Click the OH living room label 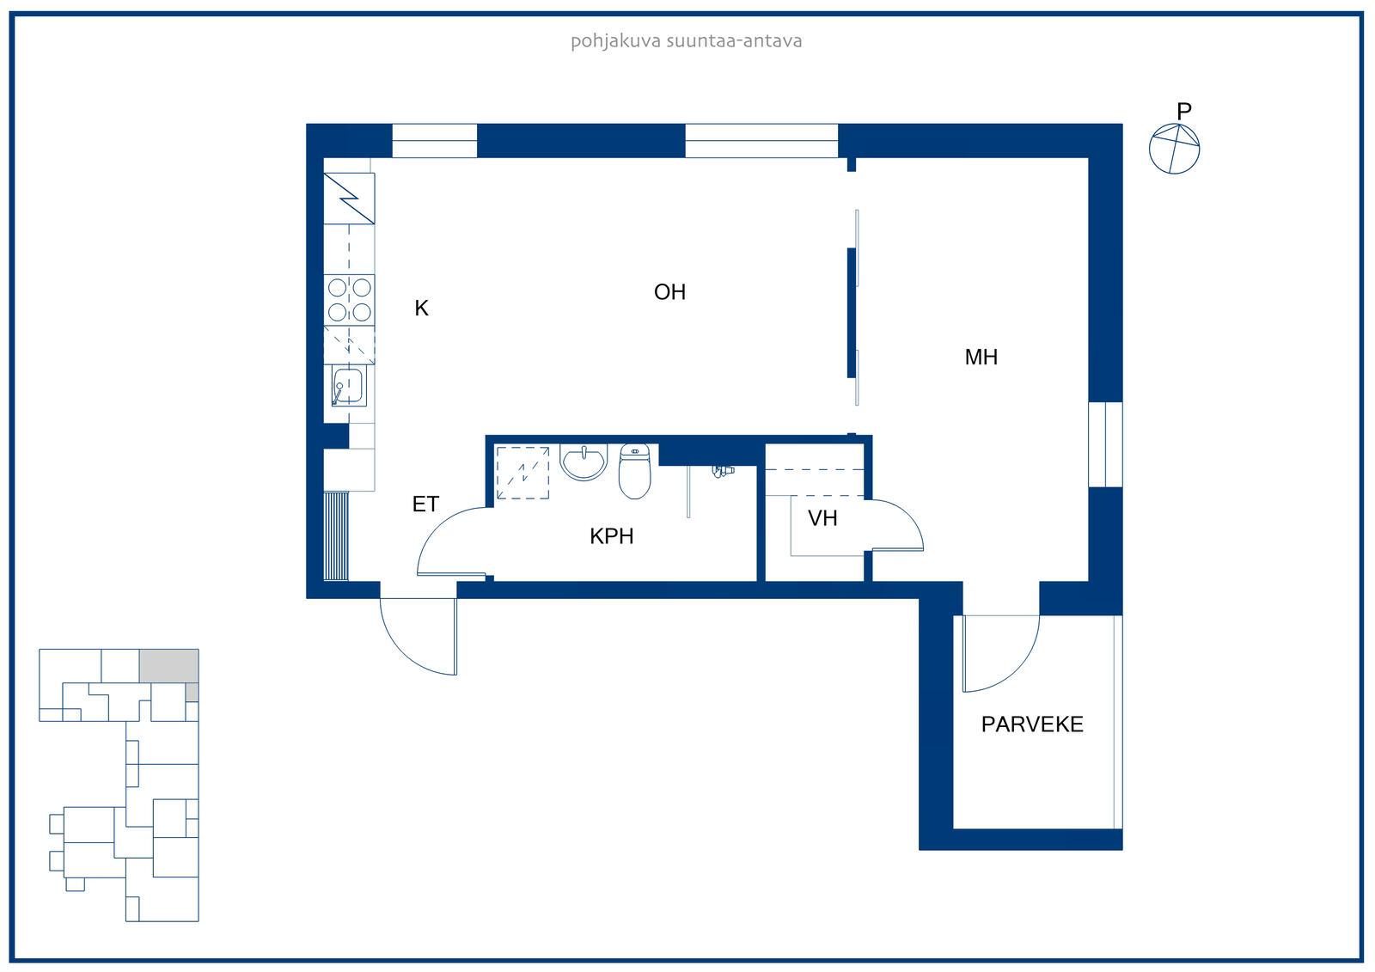click(x=669, y=292)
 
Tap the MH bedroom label click(x=981, y=358)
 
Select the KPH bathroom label click(x=611, y=536)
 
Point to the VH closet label click(x=822, y=519)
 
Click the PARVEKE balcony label click(x=1032, y=724)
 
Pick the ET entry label click(x=425, y=504)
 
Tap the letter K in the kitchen click(x=421, y=309)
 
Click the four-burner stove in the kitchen click(x=349, y=300)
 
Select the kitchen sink click(x=348, y=386)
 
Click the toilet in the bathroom click(x=635, y=471)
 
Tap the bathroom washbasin click(x=584, y=462)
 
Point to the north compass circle click(x=1174, y=150)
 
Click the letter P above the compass click(x=1184, y=111)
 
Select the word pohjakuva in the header click(x=615, y=41)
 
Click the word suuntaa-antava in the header click(x=734, y=41)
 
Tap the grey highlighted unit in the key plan click(x=168, y=666)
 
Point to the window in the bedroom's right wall click(x=1105, y=444)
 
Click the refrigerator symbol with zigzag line click(x=349, y=199)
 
